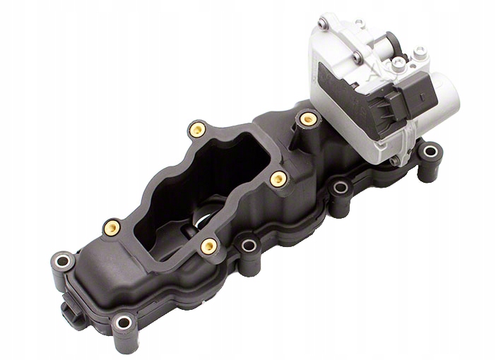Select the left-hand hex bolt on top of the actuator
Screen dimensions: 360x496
[x=399, y=66]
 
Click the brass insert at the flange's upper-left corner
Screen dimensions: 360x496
[x=197, y=129]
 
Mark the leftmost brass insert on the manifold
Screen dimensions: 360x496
[x=112, y=227]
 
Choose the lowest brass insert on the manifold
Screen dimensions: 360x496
[x=208, y=246]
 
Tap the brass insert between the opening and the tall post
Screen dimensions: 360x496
[x=278, y=179]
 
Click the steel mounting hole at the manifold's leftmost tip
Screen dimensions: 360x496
[x=62, y=262]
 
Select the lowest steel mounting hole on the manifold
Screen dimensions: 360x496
[x=124, y=323]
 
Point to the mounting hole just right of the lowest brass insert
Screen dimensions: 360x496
[x=249, y=246]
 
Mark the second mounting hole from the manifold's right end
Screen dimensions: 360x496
[x=342, y=188]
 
